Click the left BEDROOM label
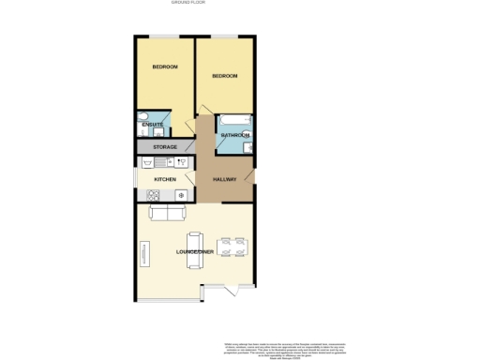point(165,67)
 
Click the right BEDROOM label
point(224,76)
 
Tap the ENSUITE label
point(153,125)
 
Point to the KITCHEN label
point(165,178)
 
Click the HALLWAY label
point(224,178)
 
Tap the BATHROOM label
point(234,136)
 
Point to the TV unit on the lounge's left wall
point(143,253)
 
